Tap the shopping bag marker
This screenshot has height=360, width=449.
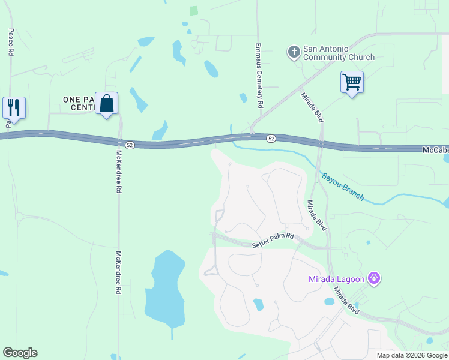(x=106, y=103)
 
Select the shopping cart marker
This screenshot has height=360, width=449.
(x=352, y=82)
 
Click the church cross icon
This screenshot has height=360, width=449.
(x=294, y=52)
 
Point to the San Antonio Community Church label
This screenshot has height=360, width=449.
(x=338, y=53)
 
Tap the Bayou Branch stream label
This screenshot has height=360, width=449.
(x=343, y=187)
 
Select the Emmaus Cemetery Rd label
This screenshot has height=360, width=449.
(x=259, y=75)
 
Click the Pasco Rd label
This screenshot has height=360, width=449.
(x=11, y=42)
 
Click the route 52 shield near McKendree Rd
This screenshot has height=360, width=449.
(x=130, y=145)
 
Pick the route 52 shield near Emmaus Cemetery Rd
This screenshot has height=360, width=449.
(x=271, y=138)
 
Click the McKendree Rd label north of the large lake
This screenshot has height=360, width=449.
(x=119, y=272)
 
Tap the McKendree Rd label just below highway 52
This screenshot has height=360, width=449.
(x=119, y=171)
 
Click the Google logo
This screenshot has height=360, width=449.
(x=20, y=353)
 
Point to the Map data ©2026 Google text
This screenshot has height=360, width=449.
(x=412, y=355)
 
